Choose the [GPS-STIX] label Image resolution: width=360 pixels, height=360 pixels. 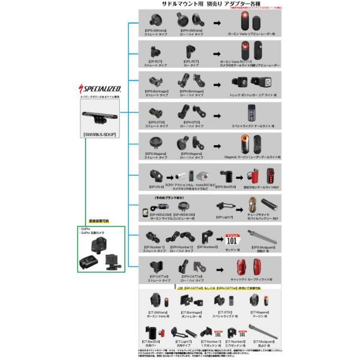(x=156, y=121)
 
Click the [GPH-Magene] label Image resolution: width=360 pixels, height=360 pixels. (x=192, y=153)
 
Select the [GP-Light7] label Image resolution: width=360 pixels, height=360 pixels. (x=226, y=216)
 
